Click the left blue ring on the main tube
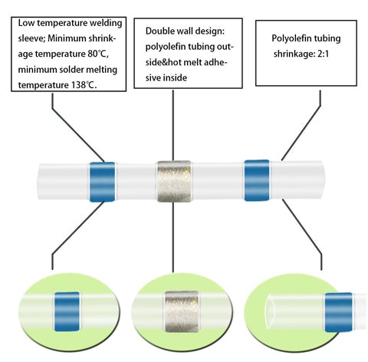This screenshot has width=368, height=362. [x=102, y=182]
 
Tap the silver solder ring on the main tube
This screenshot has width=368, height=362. [x=174, y=182]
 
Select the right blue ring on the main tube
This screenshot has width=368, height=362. [x=257, y=180]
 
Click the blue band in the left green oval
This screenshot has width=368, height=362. [x=67, y=311]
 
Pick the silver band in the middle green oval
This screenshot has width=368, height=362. [x=182, y=311]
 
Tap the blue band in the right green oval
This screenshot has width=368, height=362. [x=338, y=312]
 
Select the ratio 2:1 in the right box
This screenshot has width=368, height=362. [x=323, y=54]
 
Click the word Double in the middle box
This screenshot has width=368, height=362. [x=159, y=31]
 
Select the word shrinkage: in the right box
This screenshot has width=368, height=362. [x=294, y=54]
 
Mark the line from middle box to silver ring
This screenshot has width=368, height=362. [x=173, y=125]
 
